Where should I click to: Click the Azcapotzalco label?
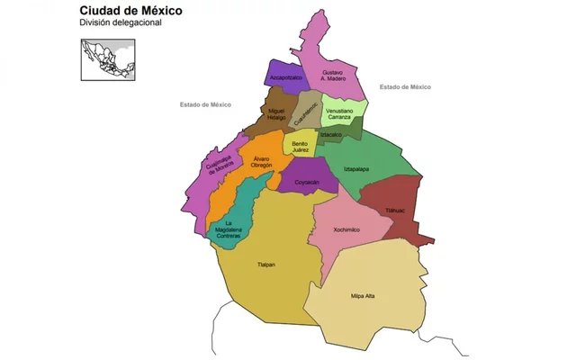point(285,78)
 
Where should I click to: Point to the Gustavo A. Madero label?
point(333,75)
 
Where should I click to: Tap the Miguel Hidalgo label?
point(276,115)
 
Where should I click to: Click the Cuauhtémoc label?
point(308,112)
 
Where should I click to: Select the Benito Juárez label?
point(301,146)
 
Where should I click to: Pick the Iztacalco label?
point(331,134)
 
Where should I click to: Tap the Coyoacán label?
point(308,182)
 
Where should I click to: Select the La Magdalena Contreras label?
point(228,229)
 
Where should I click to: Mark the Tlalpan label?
point(265,265)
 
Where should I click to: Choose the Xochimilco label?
point(346,229)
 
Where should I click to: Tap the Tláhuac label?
point(394,211)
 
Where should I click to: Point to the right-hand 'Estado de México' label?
point(405,87)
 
